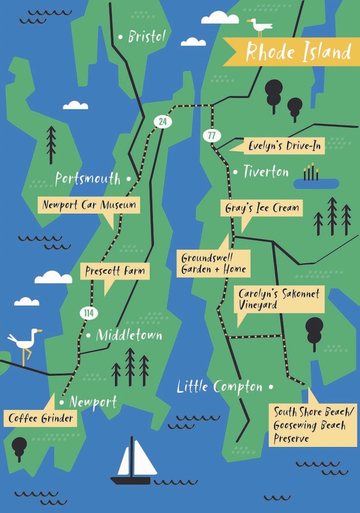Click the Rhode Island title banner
tap(297, 51)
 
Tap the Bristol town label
tap(147, 37)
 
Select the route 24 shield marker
tap(162, 122)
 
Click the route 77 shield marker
tap(211, 136)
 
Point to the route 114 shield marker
tap(89, 313)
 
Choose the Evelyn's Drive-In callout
tap(285, 146)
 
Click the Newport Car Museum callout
tap(89, 205)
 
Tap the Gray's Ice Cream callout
tap(262, 208)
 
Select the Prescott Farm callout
tap(115, 271)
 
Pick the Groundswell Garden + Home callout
tap(213, 263)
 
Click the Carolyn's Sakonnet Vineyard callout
tap(279, 300)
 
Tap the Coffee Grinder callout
tap(41, 418)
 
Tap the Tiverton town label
tap(266, 172)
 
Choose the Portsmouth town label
tap(88, 179)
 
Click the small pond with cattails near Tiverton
tap(315, 182)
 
